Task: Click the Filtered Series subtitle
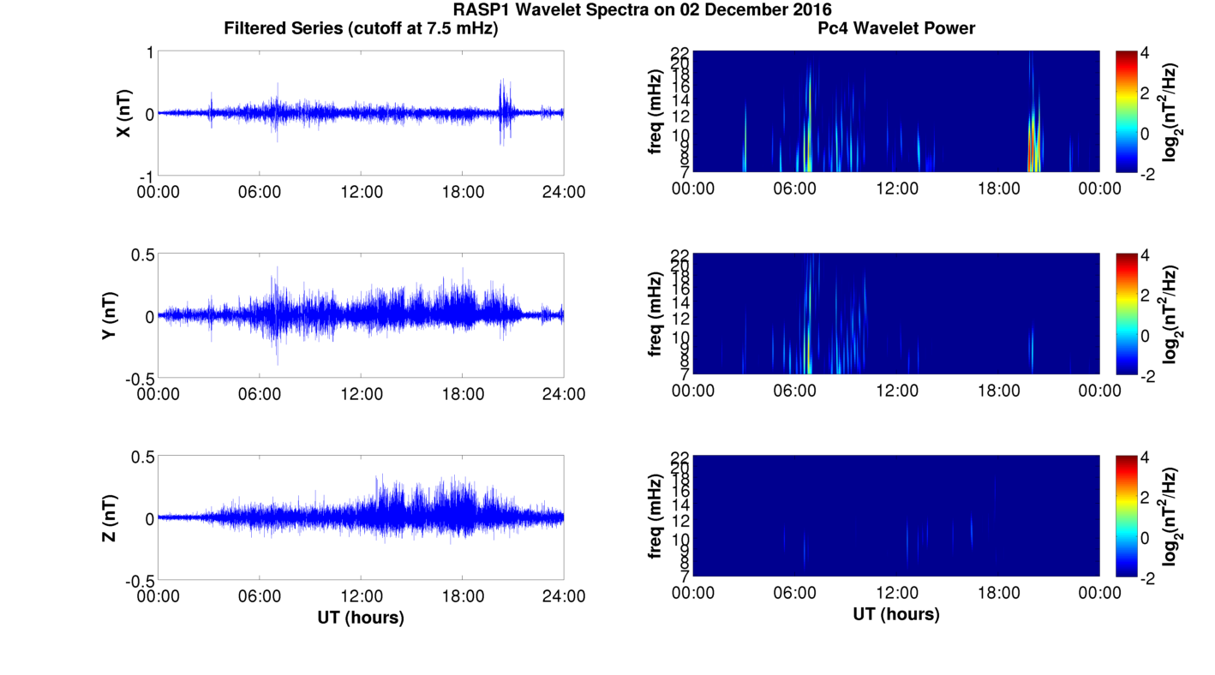point(361,28)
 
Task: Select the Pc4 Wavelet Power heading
point(896,28)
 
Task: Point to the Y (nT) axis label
point(110,316)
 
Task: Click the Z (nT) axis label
point(110,518)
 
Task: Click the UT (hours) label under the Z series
point(361,617)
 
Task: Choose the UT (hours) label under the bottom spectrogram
point(896,613)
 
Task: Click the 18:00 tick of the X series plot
point(463,191)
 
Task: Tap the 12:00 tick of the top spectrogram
point(896,188)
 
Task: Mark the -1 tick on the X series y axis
point(146,176)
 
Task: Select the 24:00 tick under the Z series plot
point(564,595)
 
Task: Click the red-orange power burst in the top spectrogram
point(1032,154)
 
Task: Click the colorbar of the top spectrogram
point(1127,111)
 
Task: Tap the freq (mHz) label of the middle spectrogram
point(656,314)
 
